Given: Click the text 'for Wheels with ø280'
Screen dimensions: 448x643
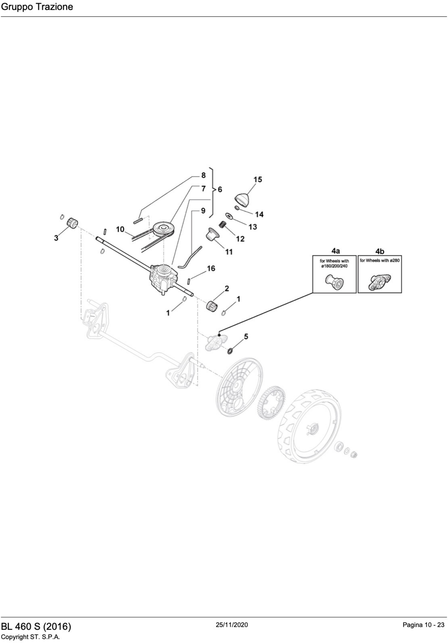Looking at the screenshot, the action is (x=380, y=260).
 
